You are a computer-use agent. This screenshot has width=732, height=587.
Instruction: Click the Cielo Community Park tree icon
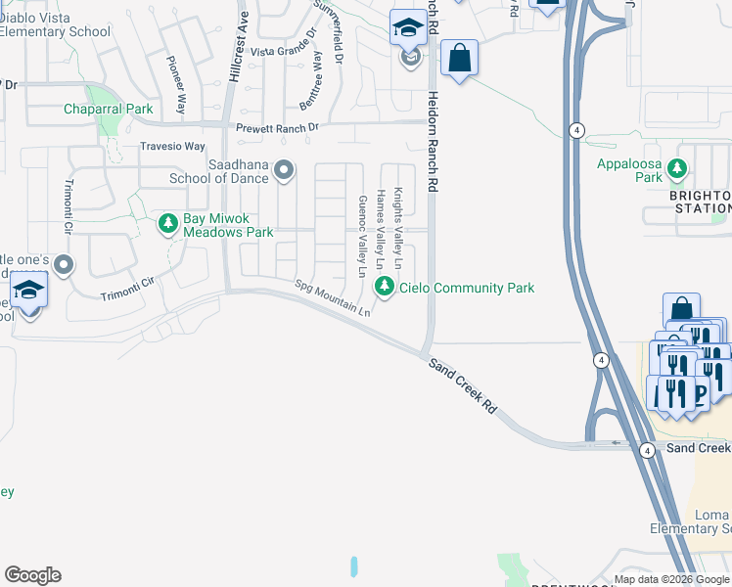click(x=385, y=287)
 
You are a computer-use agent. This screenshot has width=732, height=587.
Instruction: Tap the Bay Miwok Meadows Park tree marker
click(x=168, y=225)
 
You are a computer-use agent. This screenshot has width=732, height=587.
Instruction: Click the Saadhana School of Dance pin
click(x=284, y=171)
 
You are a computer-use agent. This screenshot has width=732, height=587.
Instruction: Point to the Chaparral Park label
click(x=109, y=109)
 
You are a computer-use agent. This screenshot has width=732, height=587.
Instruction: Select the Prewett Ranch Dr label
click(x=278, y=128)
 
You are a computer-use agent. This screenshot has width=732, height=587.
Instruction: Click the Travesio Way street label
click(x=172, y=147)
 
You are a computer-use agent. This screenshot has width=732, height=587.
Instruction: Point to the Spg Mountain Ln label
click(x=334, y=298)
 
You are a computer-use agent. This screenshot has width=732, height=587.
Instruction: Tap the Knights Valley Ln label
click(x=399, y=228)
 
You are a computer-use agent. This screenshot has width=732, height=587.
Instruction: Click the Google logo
click(x=32, y=575)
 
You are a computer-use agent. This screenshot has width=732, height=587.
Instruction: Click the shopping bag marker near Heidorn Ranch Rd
click(x=459, y=58)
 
